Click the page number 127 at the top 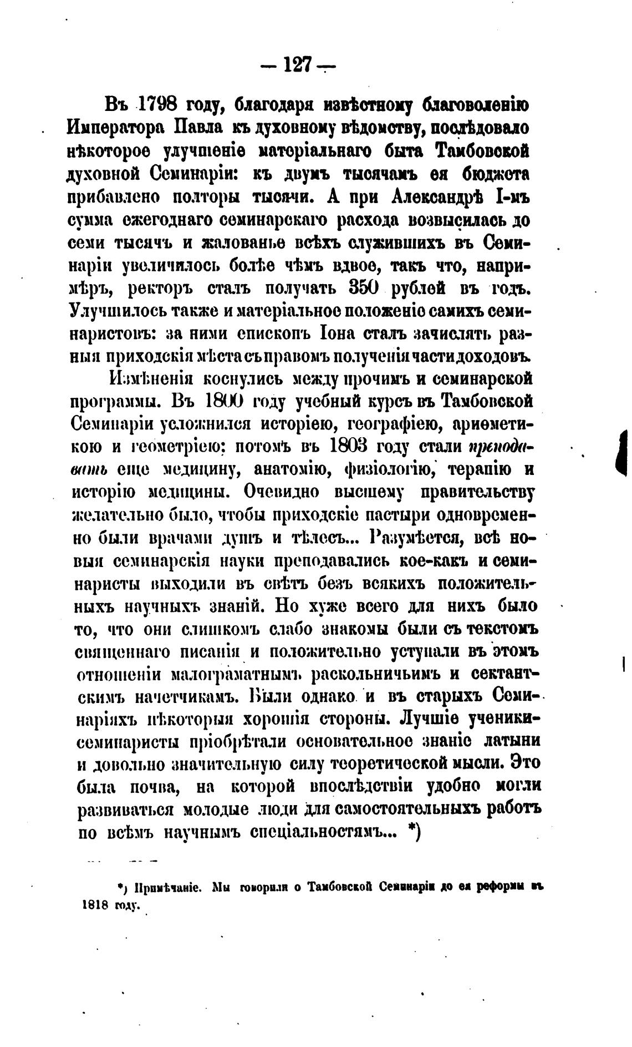(298, 65)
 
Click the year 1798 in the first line (161, 104)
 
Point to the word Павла (198, 127)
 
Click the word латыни (512, 741)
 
